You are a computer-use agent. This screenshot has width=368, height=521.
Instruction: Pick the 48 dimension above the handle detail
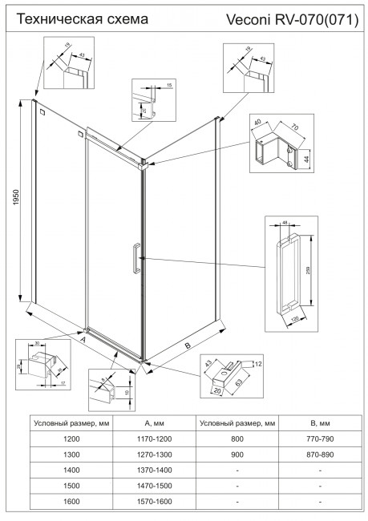tap(285, 223)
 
